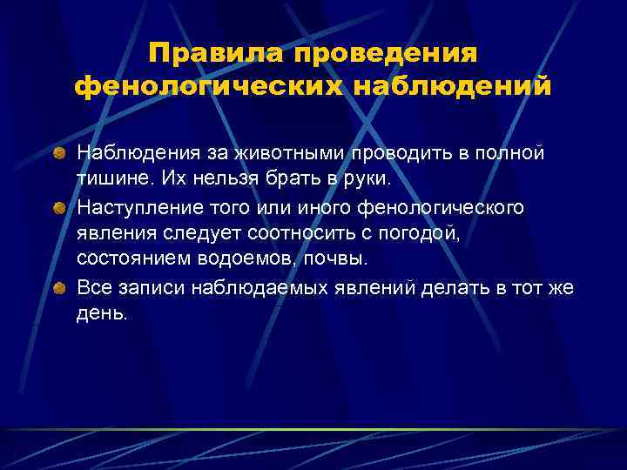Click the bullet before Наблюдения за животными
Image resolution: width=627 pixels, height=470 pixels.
[x=59, y=153]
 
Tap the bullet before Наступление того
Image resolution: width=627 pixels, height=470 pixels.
[x=59, y=207]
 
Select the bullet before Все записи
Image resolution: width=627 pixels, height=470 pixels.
[x=59, y=288]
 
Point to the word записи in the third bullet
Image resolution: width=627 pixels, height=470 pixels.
[x=145, y=288]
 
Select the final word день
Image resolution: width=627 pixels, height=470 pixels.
[x=102, y=315]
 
